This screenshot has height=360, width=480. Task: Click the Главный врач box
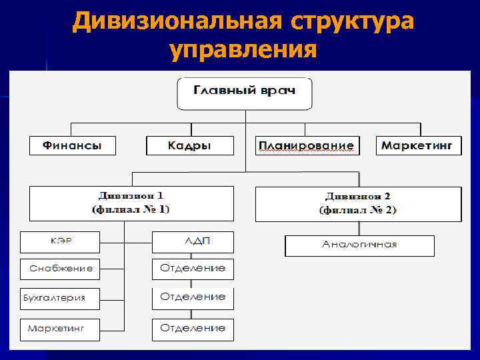tap(244, 91)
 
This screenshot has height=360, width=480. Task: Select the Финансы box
tap(72, 145)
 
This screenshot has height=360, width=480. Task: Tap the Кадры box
tap(189, 145)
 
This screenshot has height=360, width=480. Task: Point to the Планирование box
tap(307, 145)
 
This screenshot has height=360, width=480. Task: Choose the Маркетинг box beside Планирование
tap(419, 145)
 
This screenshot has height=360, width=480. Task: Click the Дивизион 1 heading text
tap(131, 196)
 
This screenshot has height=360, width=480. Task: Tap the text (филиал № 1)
tap(131, 209)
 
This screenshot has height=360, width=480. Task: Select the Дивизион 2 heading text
tap(358, 196)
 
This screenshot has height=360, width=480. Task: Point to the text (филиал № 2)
tap(358, 210)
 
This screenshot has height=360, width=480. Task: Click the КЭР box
tap(60, 241)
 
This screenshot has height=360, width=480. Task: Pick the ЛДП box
tap(193, 241)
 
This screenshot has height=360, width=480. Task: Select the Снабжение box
tap(60, 269)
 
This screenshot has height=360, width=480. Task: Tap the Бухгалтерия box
tap(60, 298)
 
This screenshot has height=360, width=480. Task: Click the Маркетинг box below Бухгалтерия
tap(60, 329)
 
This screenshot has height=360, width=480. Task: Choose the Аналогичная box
tap(359, 245)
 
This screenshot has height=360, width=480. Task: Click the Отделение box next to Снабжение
tap(193, 269)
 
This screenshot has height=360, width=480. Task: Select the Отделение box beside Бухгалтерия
tap(193, 297)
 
